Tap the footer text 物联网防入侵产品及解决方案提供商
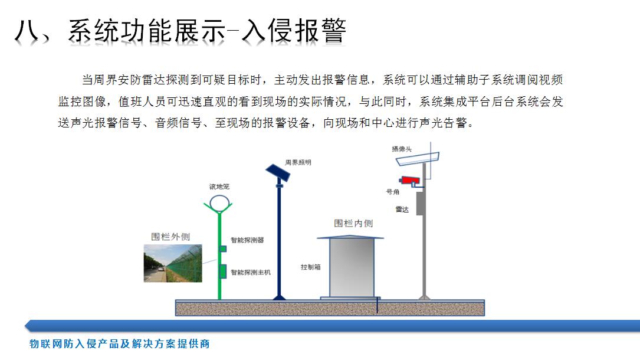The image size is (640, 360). point(120,343)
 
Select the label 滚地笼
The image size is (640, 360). point(219,186)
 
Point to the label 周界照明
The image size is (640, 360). point(298,162)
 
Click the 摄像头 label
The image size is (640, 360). point(402,149)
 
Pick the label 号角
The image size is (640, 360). point(393,191)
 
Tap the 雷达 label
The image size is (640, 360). point(402,210)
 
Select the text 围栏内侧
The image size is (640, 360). point(353,223)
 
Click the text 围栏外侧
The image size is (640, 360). point(170,237)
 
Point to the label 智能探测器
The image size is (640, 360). point(247,240)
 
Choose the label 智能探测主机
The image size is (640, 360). point(251,272)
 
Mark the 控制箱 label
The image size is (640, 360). point(311,267)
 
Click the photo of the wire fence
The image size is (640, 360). point(173,263)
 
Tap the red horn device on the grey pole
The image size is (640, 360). point(409,181)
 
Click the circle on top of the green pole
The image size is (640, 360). point(219,203)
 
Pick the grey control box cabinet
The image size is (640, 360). point(352,267)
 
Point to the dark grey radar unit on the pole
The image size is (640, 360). point(419,203)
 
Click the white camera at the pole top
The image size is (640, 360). point(418,159)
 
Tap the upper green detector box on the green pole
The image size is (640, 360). point(223,248)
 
